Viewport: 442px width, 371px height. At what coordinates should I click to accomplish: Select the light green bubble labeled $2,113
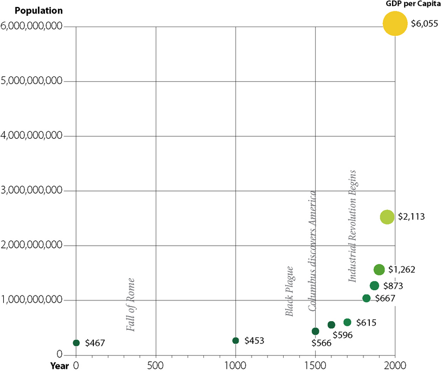[x=387, y=217]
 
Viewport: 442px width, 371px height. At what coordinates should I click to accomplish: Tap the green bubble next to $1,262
[x=379, y=270]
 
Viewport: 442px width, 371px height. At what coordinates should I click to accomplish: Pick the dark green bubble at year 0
[x=76, y=343]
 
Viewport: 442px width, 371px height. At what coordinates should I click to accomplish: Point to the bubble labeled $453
[x=235, y=341]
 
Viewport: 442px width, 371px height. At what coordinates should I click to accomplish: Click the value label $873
[x=393, y=286]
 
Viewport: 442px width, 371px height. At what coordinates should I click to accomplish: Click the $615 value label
[x=366, y=323]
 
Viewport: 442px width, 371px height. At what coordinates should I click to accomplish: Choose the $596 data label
[x=343, y=335]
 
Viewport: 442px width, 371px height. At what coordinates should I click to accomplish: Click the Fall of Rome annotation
[x=130, y=304]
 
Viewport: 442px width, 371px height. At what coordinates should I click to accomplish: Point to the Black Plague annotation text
[x=289, y=291]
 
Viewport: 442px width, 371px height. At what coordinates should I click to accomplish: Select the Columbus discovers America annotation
[x=312, y=251]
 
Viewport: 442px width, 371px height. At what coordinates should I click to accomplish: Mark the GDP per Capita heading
[x=410, y=3]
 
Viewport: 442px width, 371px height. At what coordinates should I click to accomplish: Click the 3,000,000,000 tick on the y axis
[x=33, y=191]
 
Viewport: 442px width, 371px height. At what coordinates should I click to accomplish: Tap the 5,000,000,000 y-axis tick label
[x=33, y=81]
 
